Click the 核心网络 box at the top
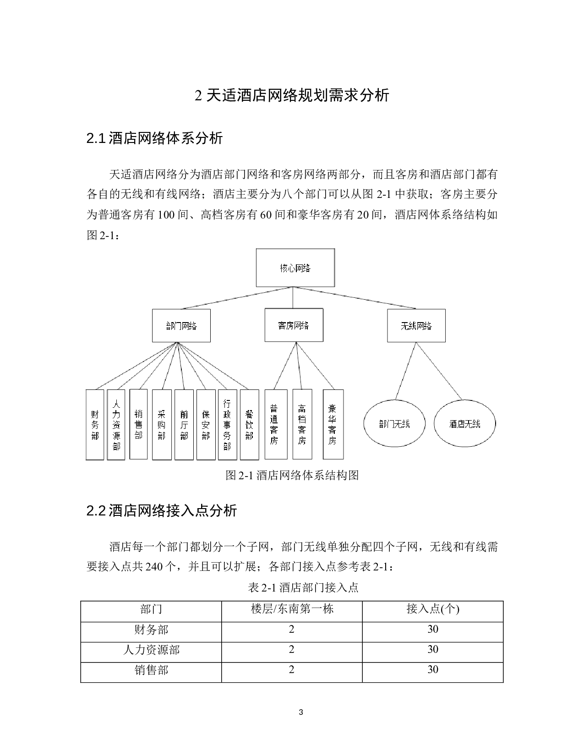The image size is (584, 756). click(x=295, y=268)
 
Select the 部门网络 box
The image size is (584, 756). click(x=181, y=326)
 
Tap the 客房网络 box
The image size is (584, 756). click(x=294, y=325)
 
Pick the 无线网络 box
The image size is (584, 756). click(x=416, y=326)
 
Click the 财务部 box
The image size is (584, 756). click(x=95, y=424)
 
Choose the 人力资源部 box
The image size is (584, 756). click(x=116, y=424)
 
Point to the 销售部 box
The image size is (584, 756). click(x=138, y=424)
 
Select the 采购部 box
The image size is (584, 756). click(x=161, y=424)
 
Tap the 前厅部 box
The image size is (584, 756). click(x=184, y=424)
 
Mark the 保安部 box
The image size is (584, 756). click(x=206, y=424)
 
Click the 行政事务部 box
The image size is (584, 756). click(x=227, y=424)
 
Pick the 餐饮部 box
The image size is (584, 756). click(x=249, y=424)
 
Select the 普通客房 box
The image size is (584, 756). click(x=276, y=424)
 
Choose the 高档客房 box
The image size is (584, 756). click(x=302, y=424)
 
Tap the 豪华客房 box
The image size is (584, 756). click(x=333, y=424)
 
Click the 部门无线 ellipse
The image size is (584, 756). click(x=394, y=424)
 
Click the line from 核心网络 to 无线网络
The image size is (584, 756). click(x=355, y=298)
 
